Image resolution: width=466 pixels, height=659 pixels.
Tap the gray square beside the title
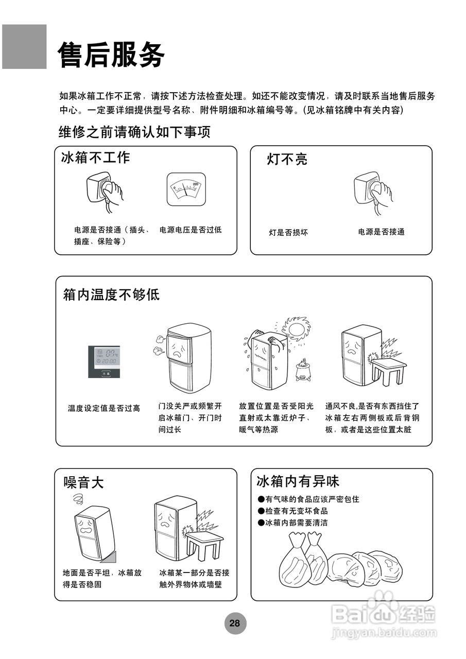[24, 47]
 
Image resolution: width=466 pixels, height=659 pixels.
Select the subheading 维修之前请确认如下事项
[134, 132]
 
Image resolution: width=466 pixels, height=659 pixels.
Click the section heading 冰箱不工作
[95, 158]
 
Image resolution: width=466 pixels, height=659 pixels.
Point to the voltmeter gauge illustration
[186, 189]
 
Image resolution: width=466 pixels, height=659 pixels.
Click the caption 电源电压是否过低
[191, 230]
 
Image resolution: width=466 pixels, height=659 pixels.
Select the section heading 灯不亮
[287, 159]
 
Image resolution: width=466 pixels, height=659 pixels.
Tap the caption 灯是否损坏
[288, 232]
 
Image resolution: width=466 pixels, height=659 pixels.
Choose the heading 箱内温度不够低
[111, 295]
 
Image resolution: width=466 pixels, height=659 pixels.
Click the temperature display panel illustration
[104, 361]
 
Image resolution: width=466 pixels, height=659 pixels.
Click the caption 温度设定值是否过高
[104, 408]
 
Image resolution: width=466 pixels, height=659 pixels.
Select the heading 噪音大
[83, 482]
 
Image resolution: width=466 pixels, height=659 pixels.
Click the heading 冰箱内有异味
[298, 481]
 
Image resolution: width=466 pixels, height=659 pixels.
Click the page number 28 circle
[235, 623]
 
